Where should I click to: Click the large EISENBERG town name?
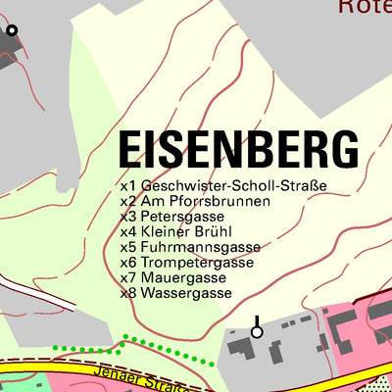238,150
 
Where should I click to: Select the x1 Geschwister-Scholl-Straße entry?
222,185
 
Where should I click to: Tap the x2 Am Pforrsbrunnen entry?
195,201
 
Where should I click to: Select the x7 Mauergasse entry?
175,277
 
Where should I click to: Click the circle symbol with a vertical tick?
257,331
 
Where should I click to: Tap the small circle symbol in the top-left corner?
12,30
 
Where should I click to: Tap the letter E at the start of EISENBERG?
129,150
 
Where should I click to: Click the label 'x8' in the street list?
127,293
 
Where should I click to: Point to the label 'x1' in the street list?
127,185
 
